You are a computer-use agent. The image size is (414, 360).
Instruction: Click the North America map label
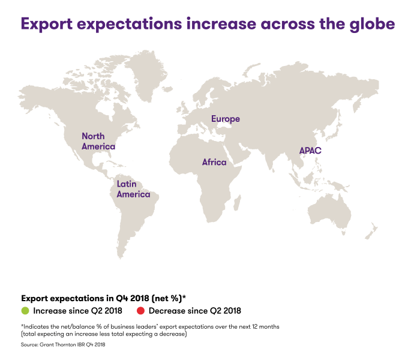tap(98, 141)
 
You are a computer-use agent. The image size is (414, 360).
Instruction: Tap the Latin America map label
tap(133, 189)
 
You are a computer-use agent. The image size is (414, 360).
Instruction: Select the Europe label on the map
tap(225, 119)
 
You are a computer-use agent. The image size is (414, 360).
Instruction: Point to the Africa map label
tap(214, 162)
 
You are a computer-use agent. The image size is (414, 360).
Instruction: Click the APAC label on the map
tap(310, 151)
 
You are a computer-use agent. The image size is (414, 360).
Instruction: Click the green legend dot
tap(25, 311)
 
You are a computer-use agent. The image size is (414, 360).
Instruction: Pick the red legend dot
tap(141, 311)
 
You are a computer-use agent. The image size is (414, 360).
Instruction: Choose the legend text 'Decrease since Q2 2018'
tap(194, 311)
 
